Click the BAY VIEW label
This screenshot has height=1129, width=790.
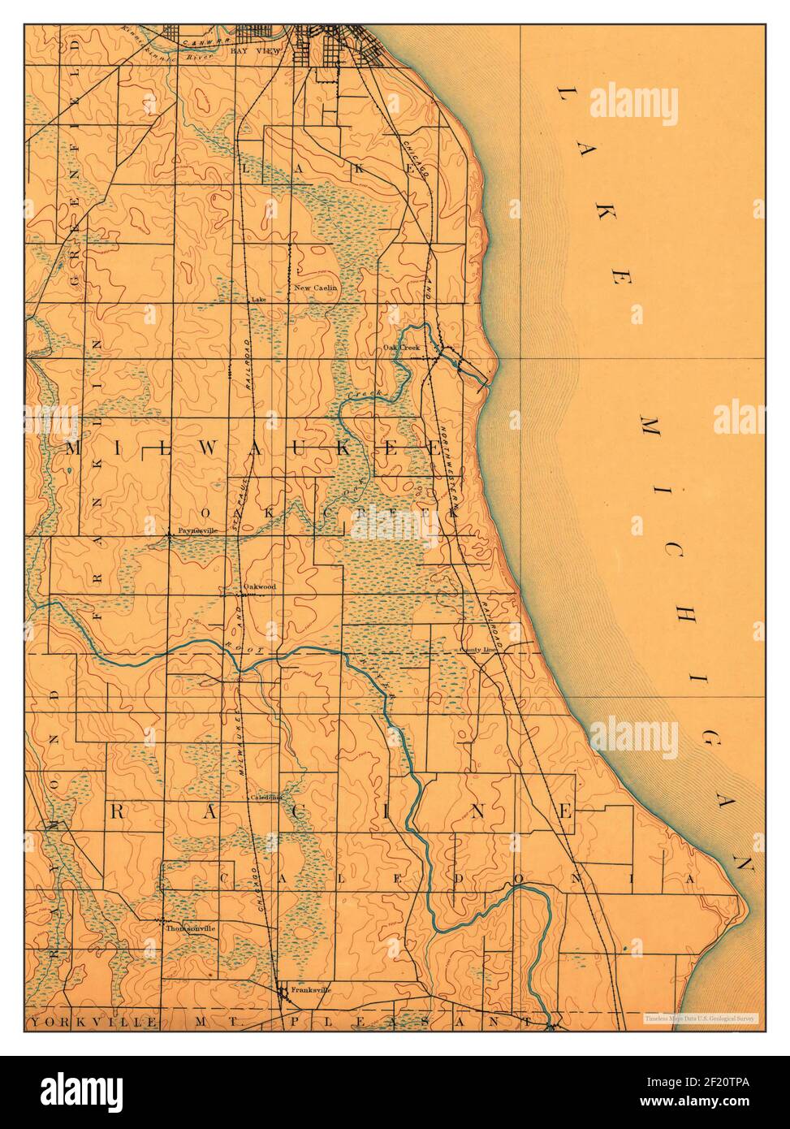[x=254, y=50]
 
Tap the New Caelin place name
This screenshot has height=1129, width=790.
[x=315, y=288]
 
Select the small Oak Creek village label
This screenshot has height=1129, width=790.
[x=400, y=348]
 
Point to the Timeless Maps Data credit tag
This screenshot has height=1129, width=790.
[x=700, y=1018]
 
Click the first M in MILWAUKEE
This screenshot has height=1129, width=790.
[x=74, y=449]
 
